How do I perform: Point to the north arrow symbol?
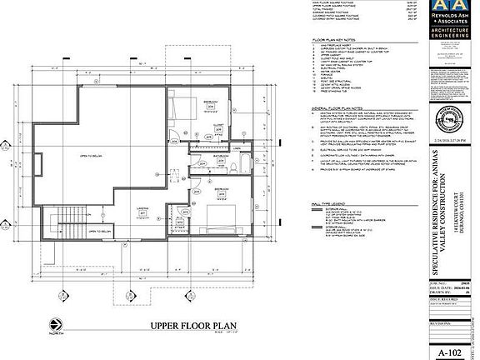[55, 323]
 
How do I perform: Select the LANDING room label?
[142, 210]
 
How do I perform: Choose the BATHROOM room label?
[219, 154]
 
